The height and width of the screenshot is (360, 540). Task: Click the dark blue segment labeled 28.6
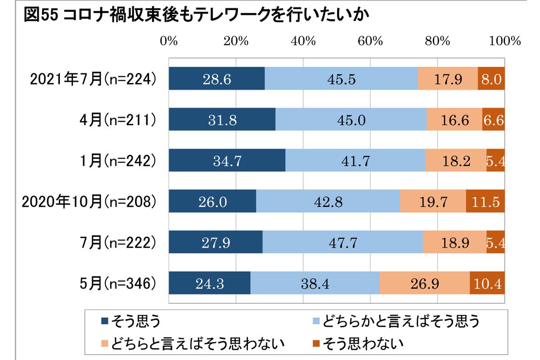point(216,79)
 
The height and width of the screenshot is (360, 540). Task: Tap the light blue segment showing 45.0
point(351,120)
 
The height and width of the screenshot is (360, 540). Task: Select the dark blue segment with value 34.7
point(227,161)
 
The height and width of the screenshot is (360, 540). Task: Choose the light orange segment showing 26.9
point(424,283)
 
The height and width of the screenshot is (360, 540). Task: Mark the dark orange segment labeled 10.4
point(487,283)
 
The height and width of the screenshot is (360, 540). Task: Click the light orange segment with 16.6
point(454,120)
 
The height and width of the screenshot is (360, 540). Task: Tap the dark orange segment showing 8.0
point(491,79)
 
